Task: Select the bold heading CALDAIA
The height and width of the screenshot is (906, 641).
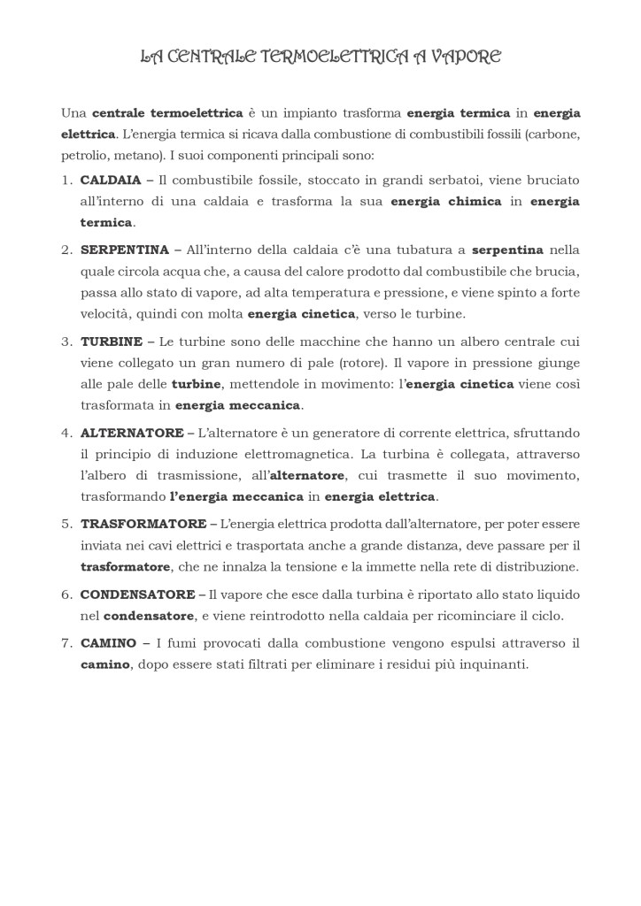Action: pyautogui.click(x=111, y=180)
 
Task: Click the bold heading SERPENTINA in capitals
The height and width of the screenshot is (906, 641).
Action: pyautogui.click(x=124, y=250)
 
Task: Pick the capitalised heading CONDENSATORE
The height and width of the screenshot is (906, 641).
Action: pyautogui.click(x=137, y=594)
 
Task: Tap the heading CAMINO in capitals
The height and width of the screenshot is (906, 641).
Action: pyautogui.click(x=108, y=643)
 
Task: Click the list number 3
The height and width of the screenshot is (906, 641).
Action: pyautogui.click(x=66, y=342)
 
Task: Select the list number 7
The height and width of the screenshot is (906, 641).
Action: pyautogui.click(x=66, y=643)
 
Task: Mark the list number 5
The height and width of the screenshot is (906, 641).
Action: pyautogui.click(x=66, y=524)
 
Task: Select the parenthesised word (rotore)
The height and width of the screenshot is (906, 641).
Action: pyautogui.click(x=364, y=363)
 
